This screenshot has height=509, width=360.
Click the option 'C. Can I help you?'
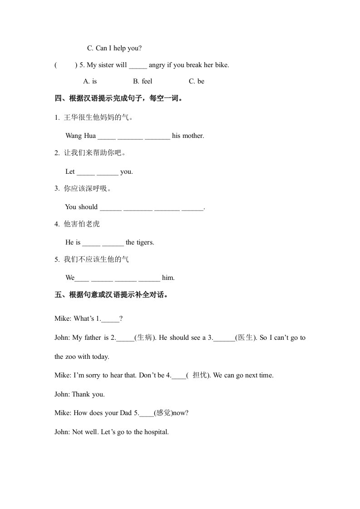114,48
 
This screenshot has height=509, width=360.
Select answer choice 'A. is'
90,81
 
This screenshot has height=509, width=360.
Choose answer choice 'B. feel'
143,81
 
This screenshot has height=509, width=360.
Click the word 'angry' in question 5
157,65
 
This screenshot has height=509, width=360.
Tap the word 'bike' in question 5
221,65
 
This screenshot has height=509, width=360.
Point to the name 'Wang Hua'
80,136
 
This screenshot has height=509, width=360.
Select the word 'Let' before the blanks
70,171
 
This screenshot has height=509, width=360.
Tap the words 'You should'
81,207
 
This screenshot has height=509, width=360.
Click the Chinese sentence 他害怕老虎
82,224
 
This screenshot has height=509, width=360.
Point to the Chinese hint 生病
144,338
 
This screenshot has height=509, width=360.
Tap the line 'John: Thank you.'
79,394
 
